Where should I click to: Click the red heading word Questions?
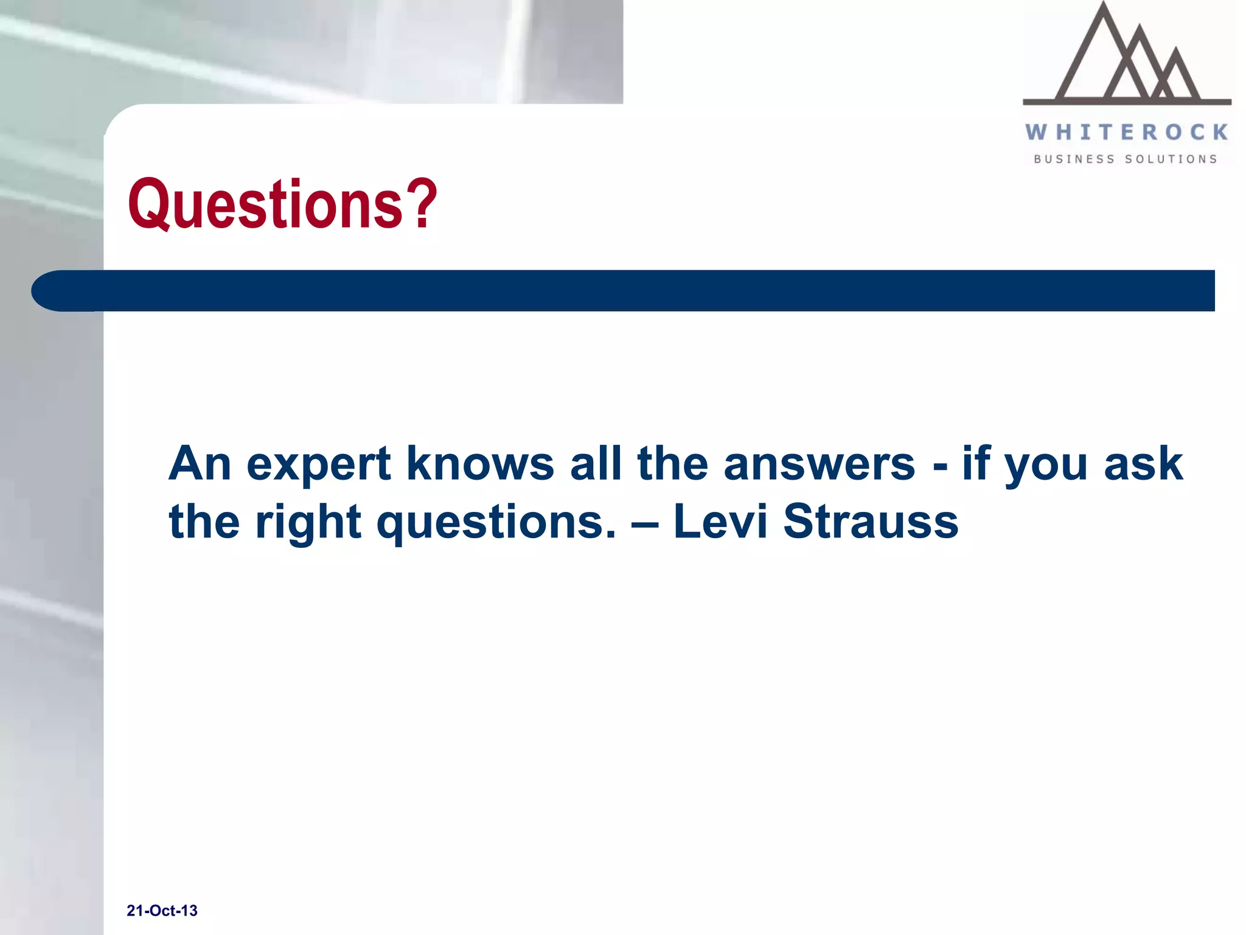tap(282, 204)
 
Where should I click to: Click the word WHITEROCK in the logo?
tap(1126, 132)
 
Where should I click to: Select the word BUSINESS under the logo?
tap(1074, 159)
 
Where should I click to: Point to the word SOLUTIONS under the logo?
tap(1171, 159)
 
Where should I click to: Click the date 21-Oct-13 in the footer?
tap(162, 911)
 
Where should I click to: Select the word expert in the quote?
tap(318, 464)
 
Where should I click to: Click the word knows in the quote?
tap(480, 464)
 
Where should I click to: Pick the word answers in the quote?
tap(819, 464)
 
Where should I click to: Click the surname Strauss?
tap(870, 522)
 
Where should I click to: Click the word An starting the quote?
tap(200, 464)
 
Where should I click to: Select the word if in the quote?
tap(976, 464)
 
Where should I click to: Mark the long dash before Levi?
tap(645, 522)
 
